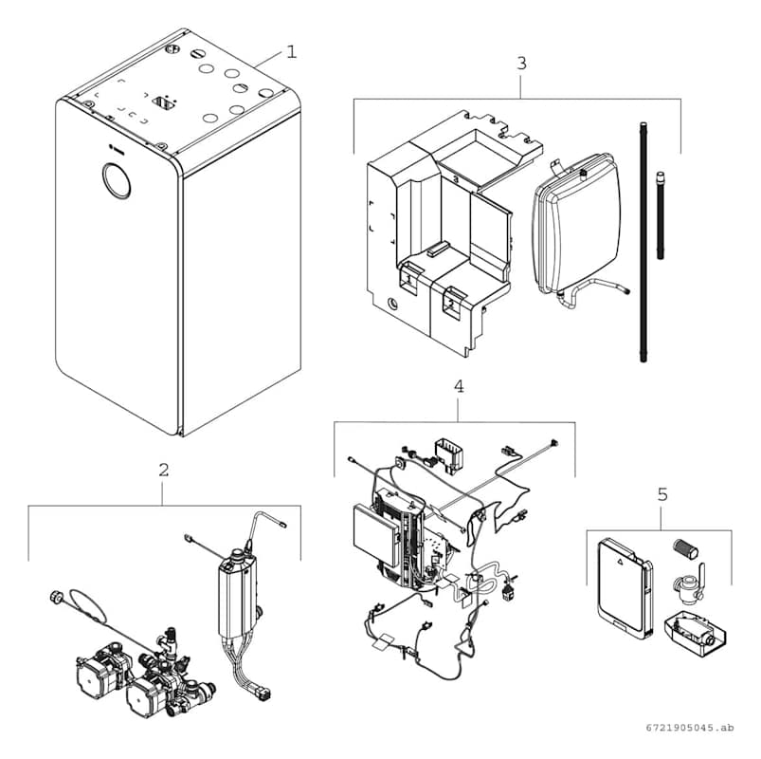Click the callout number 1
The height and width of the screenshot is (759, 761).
coord(292,49)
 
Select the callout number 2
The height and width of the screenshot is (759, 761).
coord(164,470)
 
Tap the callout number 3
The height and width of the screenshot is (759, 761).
coord(521,64)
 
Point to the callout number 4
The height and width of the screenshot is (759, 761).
coord(459,387)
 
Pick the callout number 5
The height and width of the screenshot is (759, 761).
coord(661,494)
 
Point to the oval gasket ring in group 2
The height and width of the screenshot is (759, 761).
coord(92,607)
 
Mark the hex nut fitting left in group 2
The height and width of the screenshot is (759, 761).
coord(53,598)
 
